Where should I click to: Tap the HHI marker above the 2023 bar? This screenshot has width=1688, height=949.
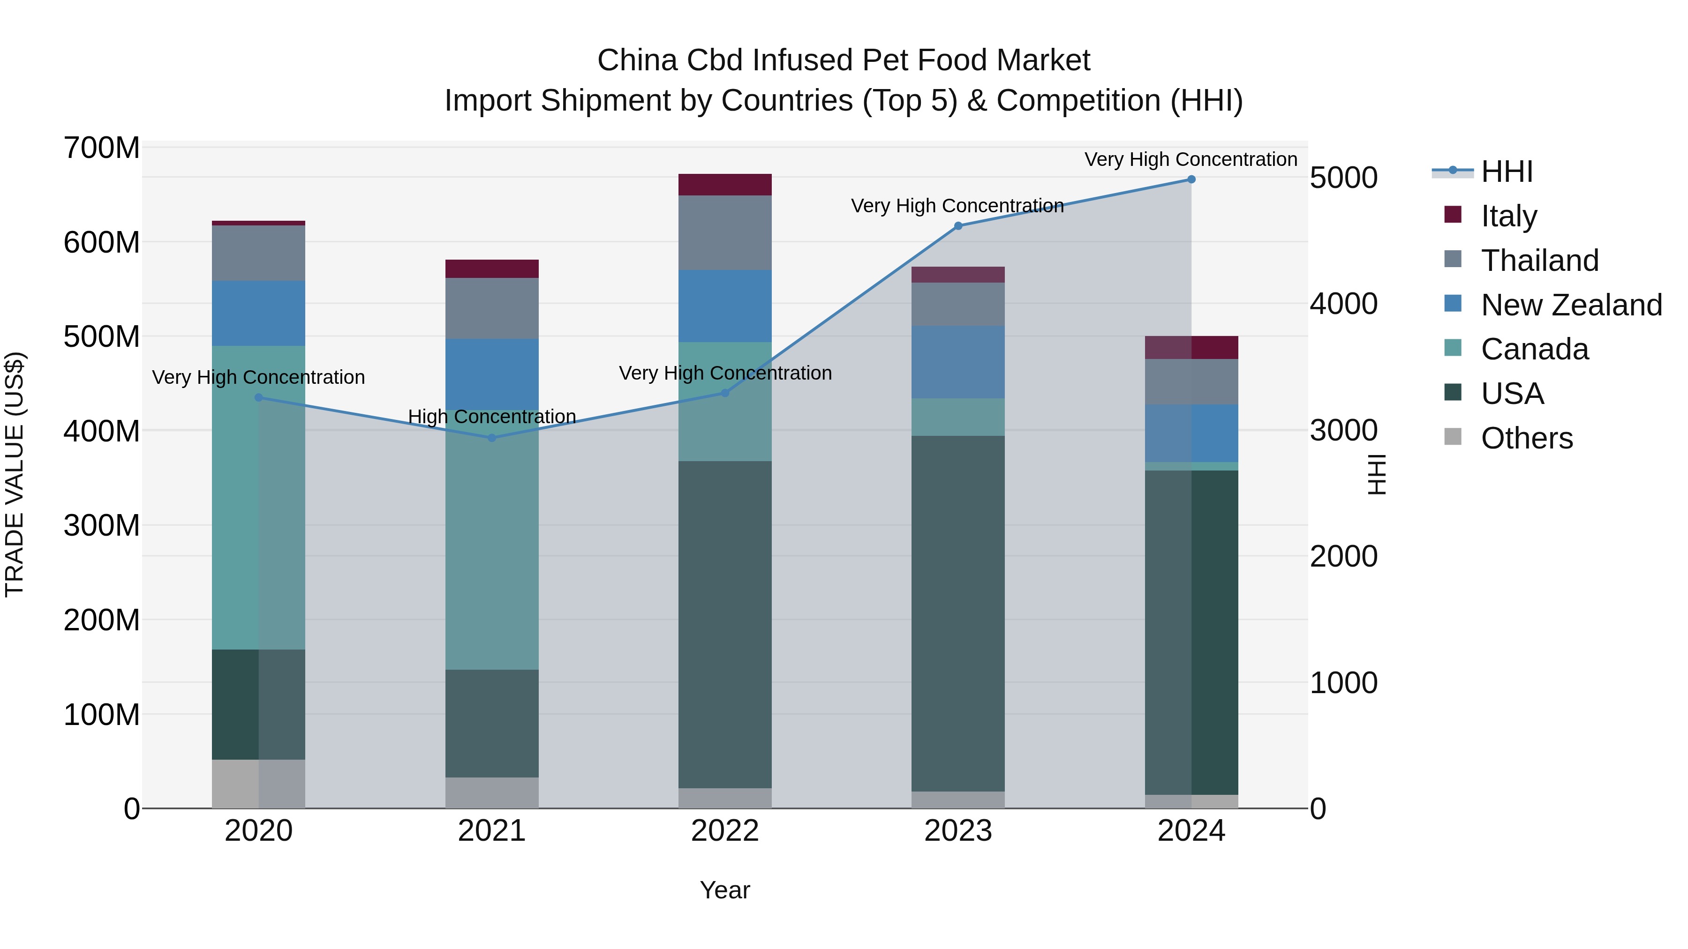point(957,226)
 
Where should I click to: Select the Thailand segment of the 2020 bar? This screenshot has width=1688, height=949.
point(258,253)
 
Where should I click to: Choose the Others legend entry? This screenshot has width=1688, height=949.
point(1526,438)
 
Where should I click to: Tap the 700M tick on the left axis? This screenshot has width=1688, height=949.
point(102,148)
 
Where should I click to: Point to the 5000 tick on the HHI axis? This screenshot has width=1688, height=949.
point(1343,178)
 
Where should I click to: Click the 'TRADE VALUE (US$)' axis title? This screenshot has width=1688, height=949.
point(15,474)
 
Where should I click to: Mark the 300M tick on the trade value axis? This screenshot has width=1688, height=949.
point(102,525)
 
